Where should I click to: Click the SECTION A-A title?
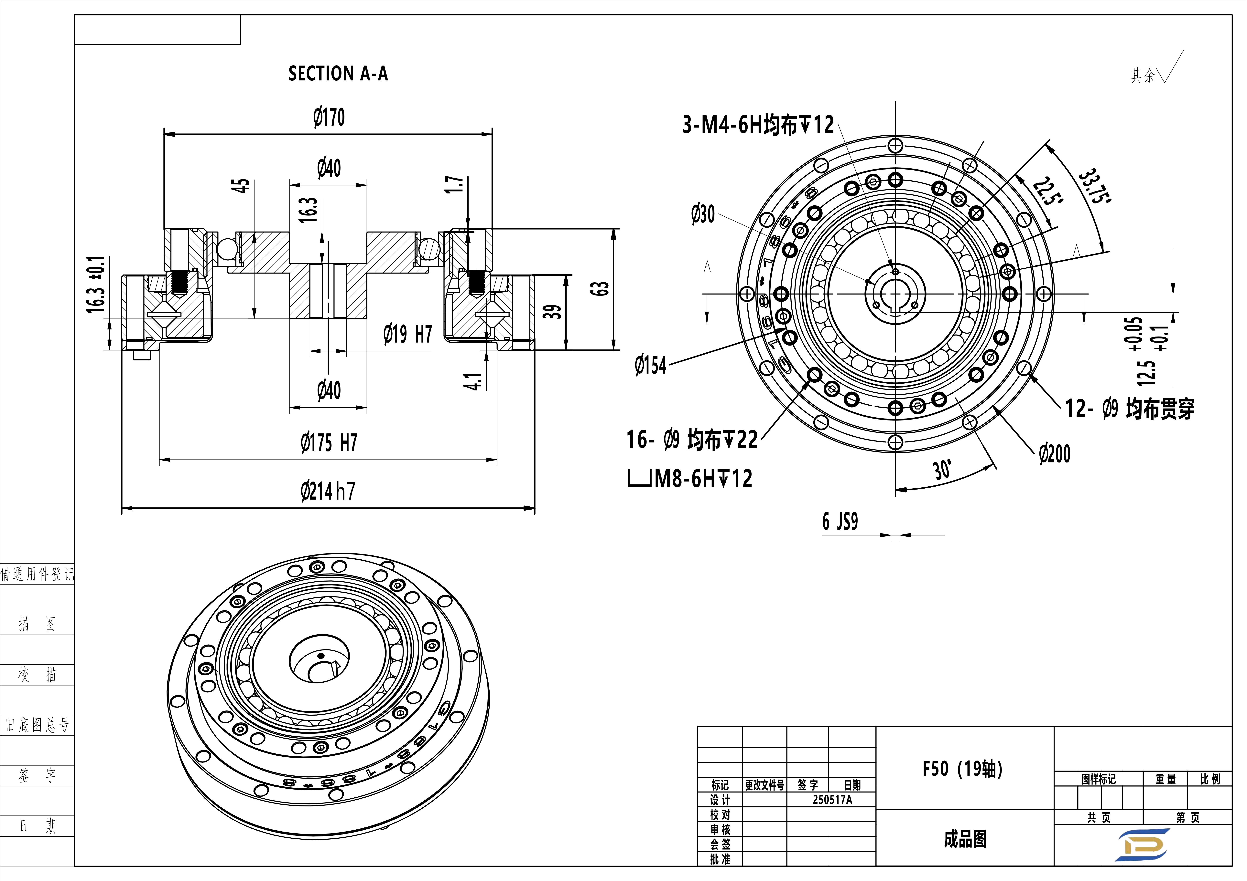(338, 73)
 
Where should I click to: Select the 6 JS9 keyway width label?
(840, 521)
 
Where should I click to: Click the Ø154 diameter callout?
(651, 365)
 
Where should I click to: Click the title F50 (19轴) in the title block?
(962, 769)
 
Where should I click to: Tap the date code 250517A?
(832, 800)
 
